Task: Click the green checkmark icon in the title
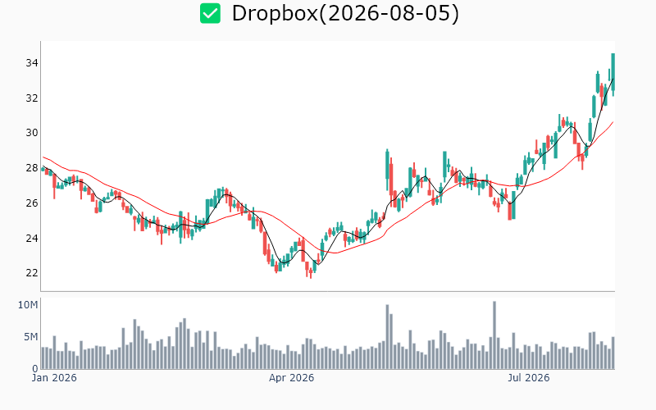pos(210,13)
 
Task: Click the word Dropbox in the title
pos(275,13)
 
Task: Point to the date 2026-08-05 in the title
pos(389,13)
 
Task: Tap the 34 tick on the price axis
pos(32,63)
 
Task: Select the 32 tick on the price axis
pos(32,98)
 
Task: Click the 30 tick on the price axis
pos(32,133)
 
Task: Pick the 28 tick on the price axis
pos(32,168)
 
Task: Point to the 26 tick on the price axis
pos(32,203)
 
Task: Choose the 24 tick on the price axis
pos(32,238)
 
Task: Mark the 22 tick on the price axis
pos(32,273)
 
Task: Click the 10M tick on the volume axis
pos(28,305)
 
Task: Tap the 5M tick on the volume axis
pos(30,337)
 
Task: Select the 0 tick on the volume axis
pos(35,369)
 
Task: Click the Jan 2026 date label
pos(54,378)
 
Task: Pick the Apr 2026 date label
pos(291,378)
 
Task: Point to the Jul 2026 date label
pos(529,378)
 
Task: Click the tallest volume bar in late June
pos(494,335)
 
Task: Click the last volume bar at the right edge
pos(613,353)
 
